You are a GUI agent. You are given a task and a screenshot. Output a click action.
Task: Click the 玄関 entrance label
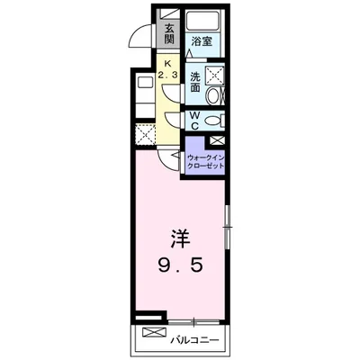click(169, 34)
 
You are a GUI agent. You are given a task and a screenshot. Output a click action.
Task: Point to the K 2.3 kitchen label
click(169, 69)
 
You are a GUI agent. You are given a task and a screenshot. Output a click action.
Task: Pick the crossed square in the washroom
click(215, 75)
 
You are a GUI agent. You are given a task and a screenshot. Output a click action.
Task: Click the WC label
click(195, 121)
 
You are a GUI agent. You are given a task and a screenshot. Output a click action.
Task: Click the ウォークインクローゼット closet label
click(205, 163)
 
